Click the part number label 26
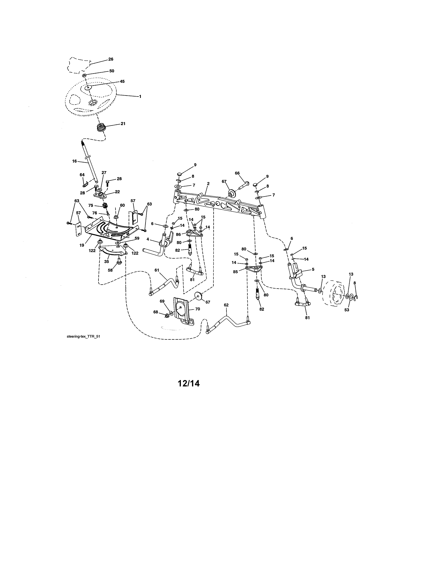point(111,59)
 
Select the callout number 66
point(237,173)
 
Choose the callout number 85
point(235,272)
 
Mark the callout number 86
point(178,234)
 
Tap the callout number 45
point(122,81)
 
